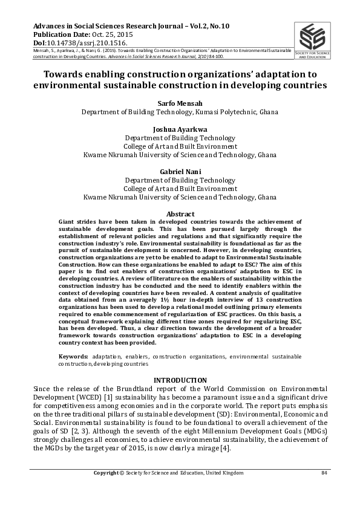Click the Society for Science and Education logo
(x=312, y=40)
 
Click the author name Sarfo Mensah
(x=180, y=103)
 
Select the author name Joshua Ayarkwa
(x=180, y=129)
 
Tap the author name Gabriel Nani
(x=180, y=172)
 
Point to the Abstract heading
(x=180, y=214)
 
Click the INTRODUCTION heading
(x=180, y=380)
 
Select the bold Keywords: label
(x=74, y=357)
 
